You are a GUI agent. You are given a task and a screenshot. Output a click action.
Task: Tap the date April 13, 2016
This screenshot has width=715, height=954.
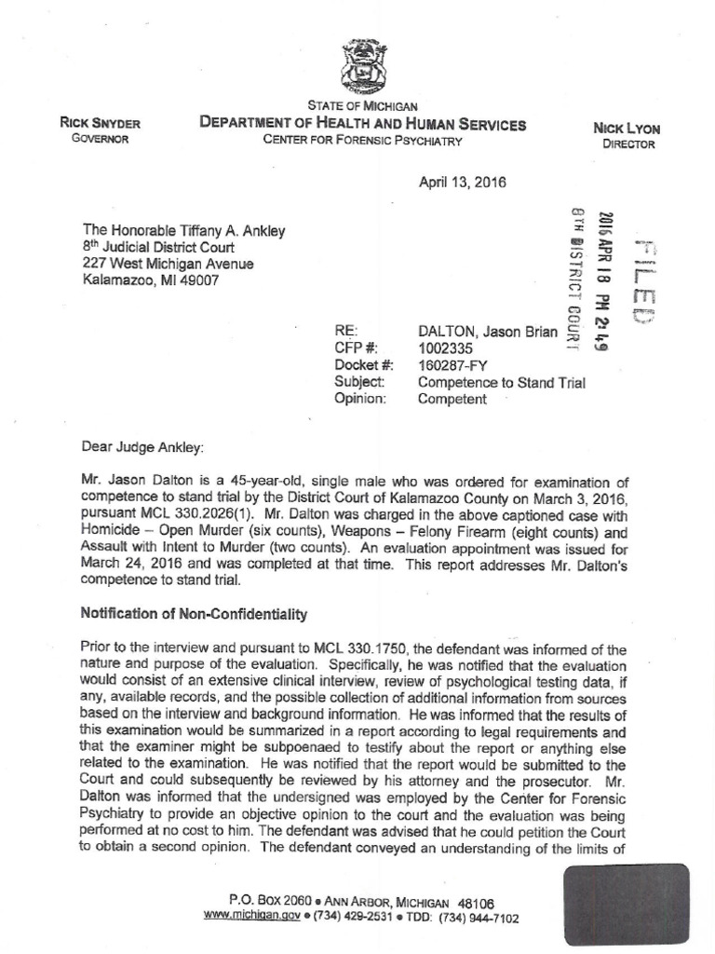click(462, 183)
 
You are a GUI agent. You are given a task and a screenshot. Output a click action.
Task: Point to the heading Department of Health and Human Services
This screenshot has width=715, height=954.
click(361, 124)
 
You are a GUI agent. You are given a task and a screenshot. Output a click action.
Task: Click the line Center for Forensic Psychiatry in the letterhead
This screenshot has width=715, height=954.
click(362, 141)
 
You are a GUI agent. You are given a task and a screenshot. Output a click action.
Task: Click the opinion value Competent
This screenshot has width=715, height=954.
click(452, 399)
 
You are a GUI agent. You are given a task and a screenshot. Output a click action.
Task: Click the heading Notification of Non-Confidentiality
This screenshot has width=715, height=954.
click(194, 615)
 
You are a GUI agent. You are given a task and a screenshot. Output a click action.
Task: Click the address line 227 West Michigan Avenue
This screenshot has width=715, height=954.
click(168, 264)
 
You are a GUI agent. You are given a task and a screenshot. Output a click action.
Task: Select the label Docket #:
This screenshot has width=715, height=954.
click(360, 364)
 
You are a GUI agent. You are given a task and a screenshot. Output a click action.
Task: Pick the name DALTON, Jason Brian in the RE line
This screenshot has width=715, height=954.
click(488, 331)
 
